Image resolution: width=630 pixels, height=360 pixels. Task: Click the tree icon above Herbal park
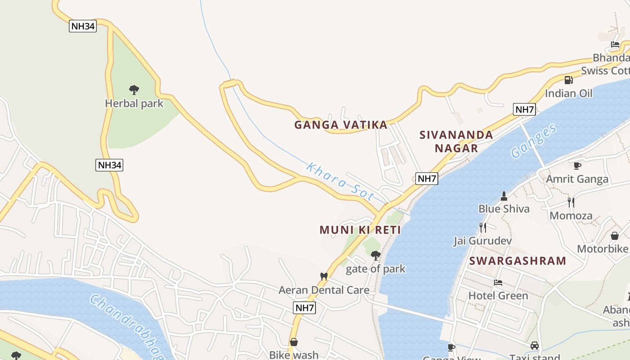coord(134,90)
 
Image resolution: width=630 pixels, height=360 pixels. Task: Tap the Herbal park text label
coord(134,103)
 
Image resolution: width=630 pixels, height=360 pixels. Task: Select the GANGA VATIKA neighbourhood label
coord(341,125)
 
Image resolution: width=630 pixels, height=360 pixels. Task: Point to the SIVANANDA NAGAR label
coord(456,141)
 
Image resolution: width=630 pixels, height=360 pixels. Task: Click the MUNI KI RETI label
coord(360,230)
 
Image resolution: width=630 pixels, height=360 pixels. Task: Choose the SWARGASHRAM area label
coord(517,261)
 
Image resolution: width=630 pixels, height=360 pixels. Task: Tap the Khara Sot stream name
coord(340,182)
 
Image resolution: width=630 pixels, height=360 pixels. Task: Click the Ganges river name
coord(534,141)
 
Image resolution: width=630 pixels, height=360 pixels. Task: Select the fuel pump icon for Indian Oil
coord(568,80)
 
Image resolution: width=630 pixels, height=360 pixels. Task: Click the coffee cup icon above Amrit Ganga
coord(577,166)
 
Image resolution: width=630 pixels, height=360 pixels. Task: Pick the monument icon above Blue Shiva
coord(504,196)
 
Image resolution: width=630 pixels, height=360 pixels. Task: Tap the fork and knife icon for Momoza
coord(571,202)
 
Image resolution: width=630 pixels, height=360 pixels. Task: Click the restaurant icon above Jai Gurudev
coord(482,227)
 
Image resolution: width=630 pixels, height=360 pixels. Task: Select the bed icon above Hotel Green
coord(498,283)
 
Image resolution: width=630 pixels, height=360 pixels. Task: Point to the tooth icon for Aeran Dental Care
coord(323,276)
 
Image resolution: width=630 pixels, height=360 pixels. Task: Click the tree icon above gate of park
coord(375,256)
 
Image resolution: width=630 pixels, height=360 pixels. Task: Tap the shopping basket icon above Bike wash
coord(293,342)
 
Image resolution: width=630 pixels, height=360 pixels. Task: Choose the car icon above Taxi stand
coord(534,346)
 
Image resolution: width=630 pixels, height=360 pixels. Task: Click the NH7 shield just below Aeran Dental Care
coord(304,308)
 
